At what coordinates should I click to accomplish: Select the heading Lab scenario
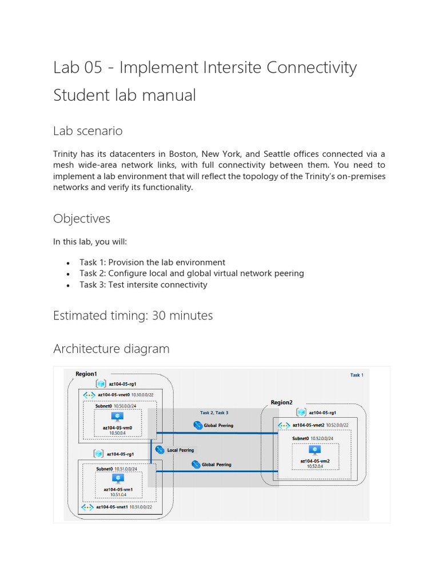point(87,131)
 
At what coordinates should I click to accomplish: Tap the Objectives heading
point(82,219)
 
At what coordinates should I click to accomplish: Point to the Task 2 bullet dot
point(69,274)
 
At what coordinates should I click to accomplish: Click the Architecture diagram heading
point(111,349)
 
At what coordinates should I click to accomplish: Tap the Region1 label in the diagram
point(86,374)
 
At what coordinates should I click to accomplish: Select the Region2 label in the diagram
point(281,402)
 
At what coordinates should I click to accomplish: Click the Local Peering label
point(181,450)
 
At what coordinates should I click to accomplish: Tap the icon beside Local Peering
point(159,450)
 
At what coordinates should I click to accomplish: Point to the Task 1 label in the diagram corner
point(356,375)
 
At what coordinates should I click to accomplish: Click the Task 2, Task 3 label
point(214,412)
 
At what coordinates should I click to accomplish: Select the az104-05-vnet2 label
point(308,425)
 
